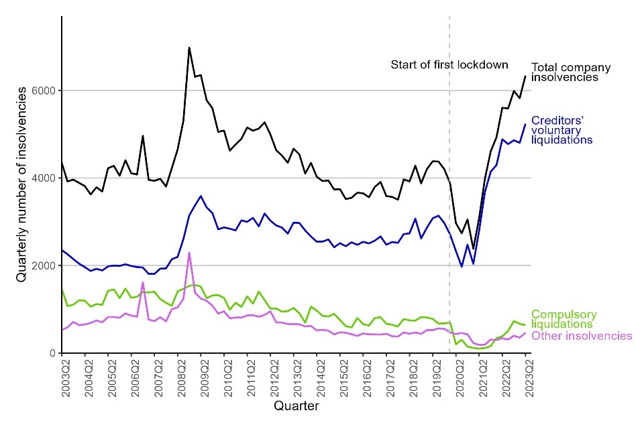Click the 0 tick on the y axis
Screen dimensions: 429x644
click(x=54, y=353)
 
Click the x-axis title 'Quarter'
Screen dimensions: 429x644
click(x=296, y=406)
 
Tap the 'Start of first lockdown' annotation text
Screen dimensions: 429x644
click(x=449, y=65)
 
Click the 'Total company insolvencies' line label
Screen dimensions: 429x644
click(x=570, y=72)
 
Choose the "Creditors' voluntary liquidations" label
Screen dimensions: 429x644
click(x=562, y=130)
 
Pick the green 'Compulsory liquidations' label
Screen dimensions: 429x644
click(x=563, y=320)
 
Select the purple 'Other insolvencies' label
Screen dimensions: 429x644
click(x=582, y=336)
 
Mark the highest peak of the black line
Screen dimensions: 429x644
click(x=189, y=48)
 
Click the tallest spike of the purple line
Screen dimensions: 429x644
click(x=189, y=252)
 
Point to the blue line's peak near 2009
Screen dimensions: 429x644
click(x=201, y=196)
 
